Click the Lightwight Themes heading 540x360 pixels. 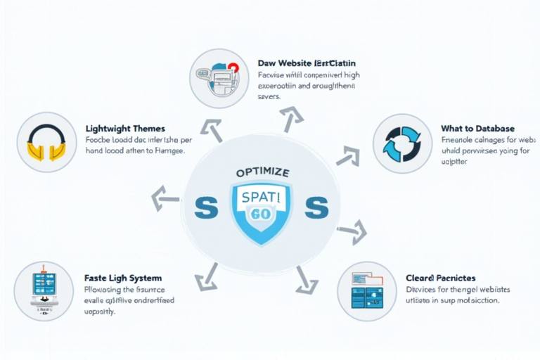click(x=125, y=129)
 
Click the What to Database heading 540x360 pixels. click(x=477, y=129)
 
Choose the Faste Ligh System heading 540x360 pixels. click(x=123, y=278)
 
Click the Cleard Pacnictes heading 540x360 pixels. click(x=440, y=278)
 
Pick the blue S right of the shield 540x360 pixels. click(x=317, y=208)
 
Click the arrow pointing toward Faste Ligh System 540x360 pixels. click(x=208, y=276)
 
